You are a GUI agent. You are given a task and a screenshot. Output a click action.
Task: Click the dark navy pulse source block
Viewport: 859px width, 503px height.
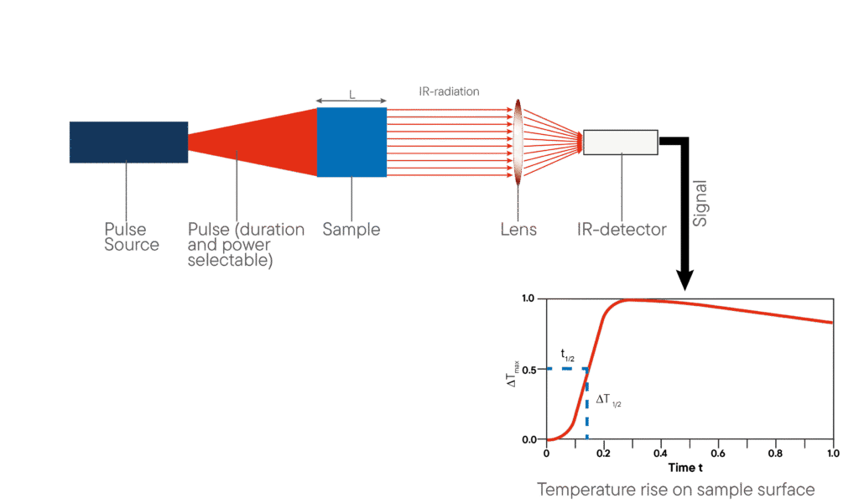pyautogui.click(x=128, y=143)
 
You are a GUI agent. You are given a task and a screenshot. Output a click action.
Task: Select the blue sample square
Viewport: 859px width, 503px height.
pyautogui.click(x=351, y=143)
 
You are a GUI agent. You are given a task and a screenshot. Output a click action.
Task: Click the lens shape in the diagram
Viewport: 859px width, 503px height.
pyautogui.click(x=518, y=143)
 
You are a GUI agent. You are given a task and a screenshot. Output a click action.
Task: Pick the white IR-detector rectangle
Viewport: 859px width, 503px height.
pyautogui.click(x=621, y=143)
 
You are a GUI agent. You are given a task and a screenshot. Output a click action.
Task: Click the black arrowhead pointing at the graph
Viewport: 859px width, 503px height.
pyautogui.click(x=685, y=280)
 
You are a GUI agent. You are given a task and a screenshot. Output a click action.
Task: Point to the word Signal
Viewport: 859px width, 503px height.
pyautogui.click(x=700, y=204)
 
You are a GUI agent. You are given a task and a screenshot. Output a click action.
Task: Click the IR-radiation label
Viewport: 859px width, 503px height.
pyautogui.click(x=450, y=91)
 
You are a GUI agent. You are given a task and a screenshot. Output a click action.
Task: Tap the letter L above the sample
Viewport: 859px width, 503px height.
pyautogui.click(x=351, y=95)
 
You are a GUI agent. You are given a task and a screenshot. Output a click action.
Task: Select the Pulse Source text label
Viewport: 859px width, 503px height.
pyautogui.click(x=132, y=236)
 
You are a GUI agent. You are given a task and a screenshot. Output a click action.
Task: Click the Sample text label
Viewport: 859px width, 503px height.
pyautogui.click(x=351, y=230)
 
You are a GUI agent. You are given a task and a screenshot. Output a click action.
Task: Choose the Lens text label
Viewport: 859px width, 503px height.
pyautogui.click(x=518, y=230)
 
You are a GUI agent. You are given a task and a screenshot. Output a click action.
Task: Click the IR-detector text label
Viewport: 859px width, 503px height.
pyautogui.click(x=622, y=230)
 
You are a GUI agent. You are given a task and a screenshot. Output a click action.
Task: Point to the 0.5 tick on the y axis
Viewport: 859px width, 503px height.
pyautogui.click(x=529, y=370)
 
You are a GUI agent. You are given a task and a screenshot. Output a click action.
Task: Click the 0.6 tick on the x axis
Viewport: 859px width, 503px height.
pyautogui.click(x=718, y=454)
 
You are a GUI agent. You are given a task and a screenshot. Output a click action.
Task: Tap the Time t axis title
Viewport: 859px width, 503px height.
pyautogui.click(x=685, y=468)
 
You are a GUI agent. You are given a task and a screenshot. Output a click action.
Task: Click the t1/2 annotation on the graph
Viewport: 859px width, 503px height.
pyautogui.click(x=568, y=355)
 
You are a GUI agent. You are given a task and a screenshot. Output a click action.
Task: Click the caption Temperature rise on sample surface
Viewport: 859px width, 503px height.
pyautogui.click(x=675, y=490)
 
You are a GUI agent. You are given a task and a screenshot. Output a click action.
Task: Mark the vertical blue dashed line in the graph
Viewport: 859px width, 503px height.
pyautogui.click(x=587, y=404)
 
